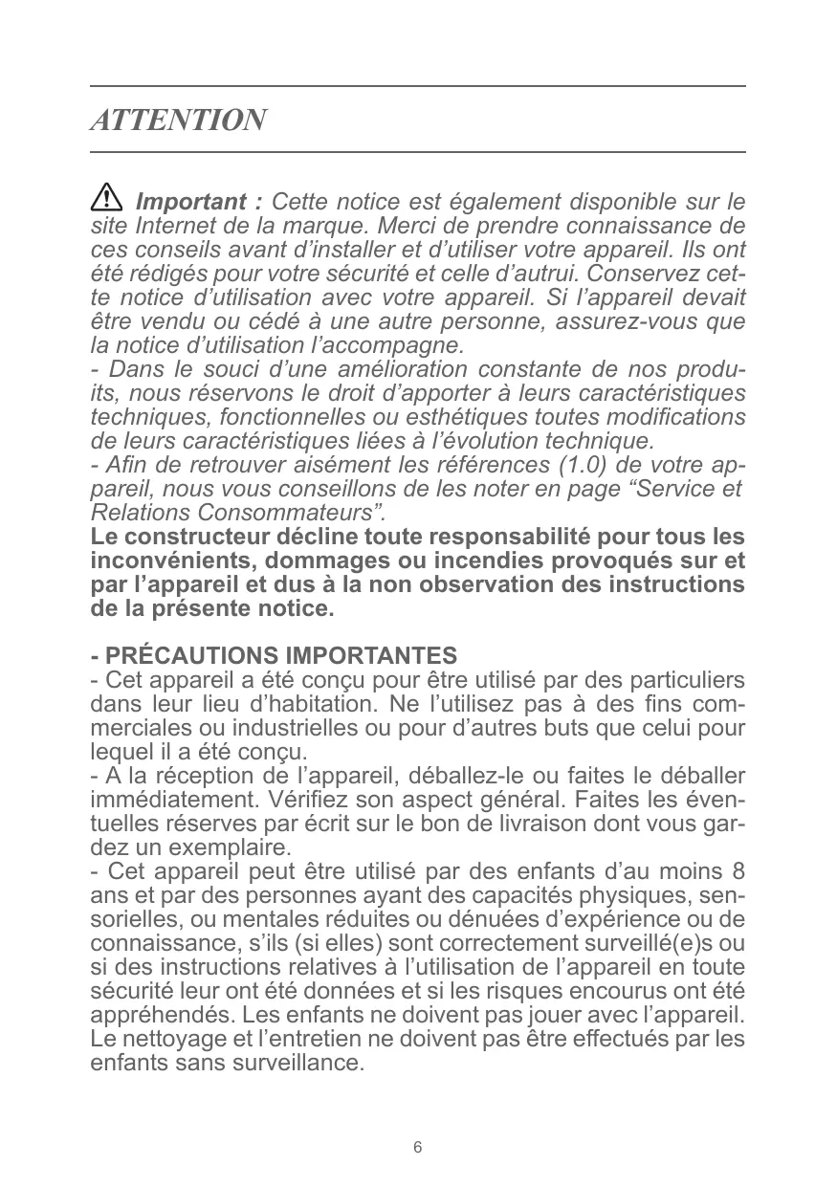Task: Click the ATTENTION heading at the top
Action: coord(178,121)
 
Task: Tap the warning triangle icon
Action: coord(106,201)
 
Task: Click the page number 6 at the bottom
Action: coord(418,1147)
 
